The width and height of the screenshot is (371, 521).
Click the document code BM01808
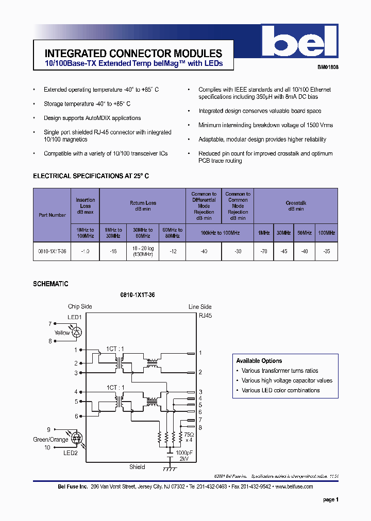(327, 67)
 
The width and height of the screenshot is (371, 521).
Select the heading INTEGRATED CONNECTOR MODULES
(133, 54)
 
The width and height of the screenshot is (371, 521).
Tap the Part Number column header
(52, 215)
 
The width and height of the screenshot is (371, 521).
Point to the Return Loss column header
(143, 205)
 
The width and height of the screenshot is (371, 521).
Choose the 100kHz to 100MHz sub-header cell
(220, 233)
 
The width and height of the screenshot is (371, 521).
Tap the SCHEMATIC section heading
(50, 284)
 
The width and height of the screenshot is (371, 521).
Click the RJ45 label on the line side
(205, 316)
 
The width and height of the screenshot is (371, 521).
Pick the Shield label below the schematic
(137, 467)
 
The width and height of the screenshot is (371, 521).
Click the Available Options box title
(259, 361)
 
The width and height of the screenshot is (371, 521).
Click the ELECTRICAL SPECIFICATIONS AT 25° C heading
(91, 176)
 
